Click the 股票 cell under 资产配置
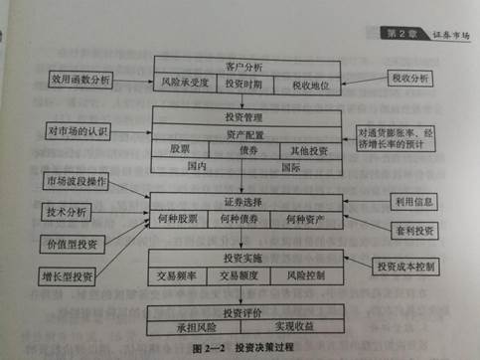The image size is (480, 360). pyautogui.click(x=180, y=149)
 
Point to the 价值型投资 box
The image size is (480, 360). pyautogui.click(x=73, y=243)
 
